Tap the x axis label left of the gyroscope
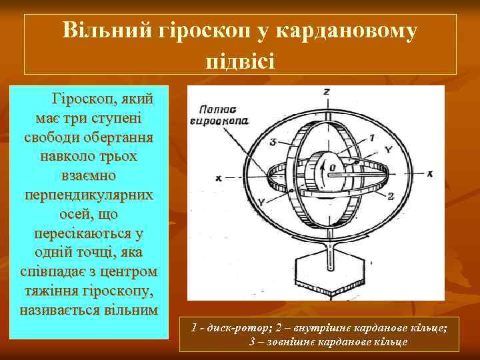[218, 178]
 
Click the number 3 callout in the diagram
[273, 142]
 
